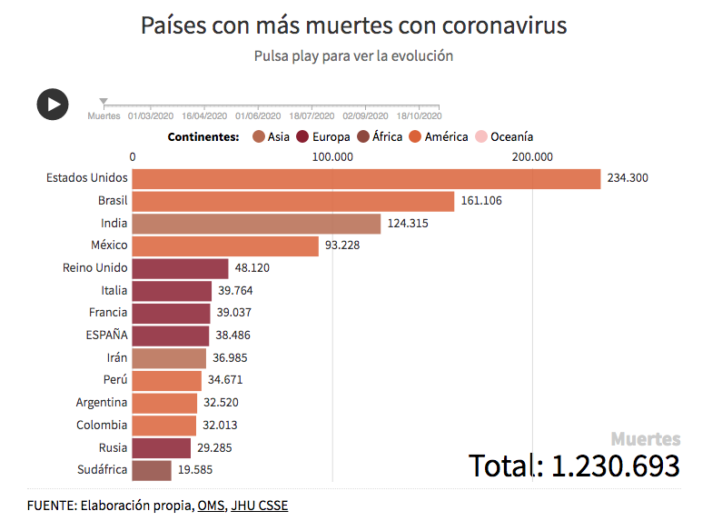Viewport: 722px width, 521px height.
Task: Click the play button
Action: [53, 104]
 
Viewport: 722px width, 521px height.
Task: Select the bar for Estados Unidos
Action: [366, 178]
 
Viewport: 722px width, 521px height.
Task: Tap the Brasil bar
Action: [292, 201]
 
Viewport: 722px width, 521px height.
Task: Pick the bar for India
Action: [256, 224]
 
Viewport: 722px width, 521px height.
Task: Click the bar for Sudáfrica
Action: [152, 470]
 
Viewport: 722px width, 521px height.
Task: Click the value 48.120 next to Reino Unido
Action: [252, 268]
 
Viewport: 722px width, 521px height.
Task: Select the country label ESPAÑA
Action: [106, 335]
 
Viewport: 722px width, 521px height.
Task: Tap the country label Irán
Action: [116, 357]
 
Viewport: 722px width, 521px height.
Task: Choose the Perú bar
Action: [166, 380]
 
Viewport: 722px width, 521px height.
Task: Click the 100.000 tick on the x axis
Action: [332, 156]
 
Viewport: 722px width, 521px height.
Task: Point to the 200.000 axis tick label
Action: [531, 156]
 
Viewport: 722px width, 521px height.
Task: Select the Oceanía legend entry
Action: [511, 137]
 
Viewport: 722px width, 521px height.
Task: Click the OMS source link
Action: [210, 505]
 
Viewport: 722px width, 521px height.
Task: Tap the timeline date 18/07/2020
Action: [312, 116]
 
